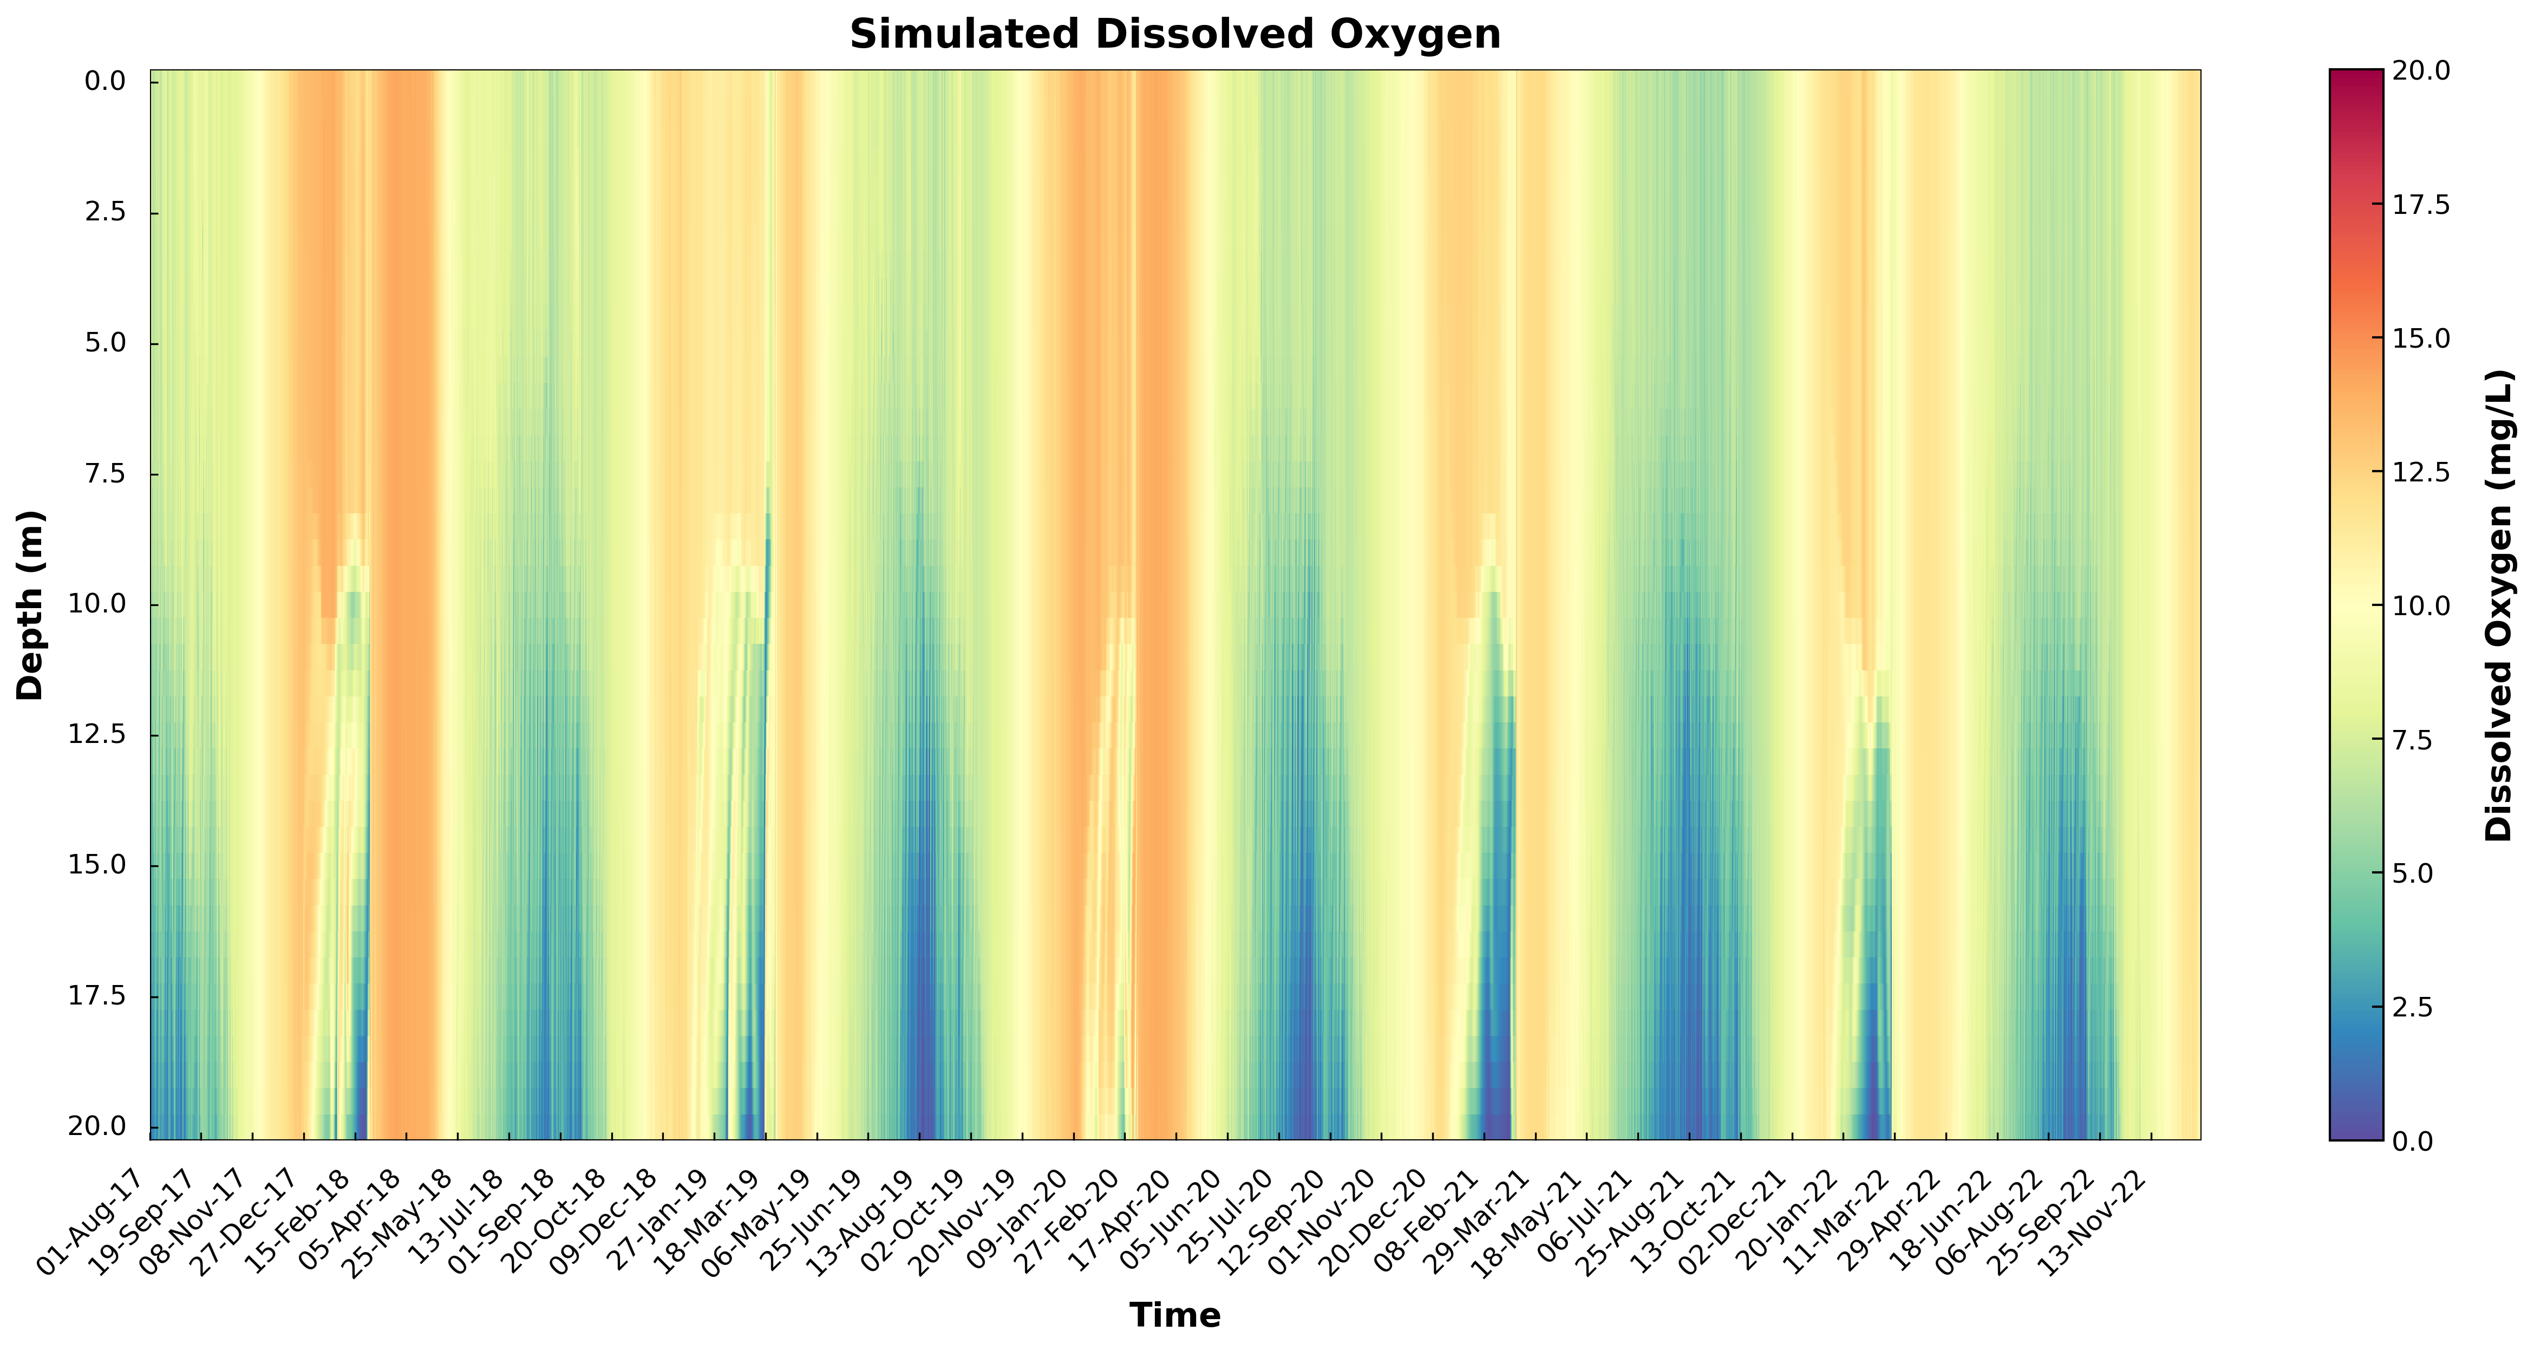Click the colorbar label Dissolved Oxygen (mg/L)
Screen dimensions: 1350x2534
(2499, 605)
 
